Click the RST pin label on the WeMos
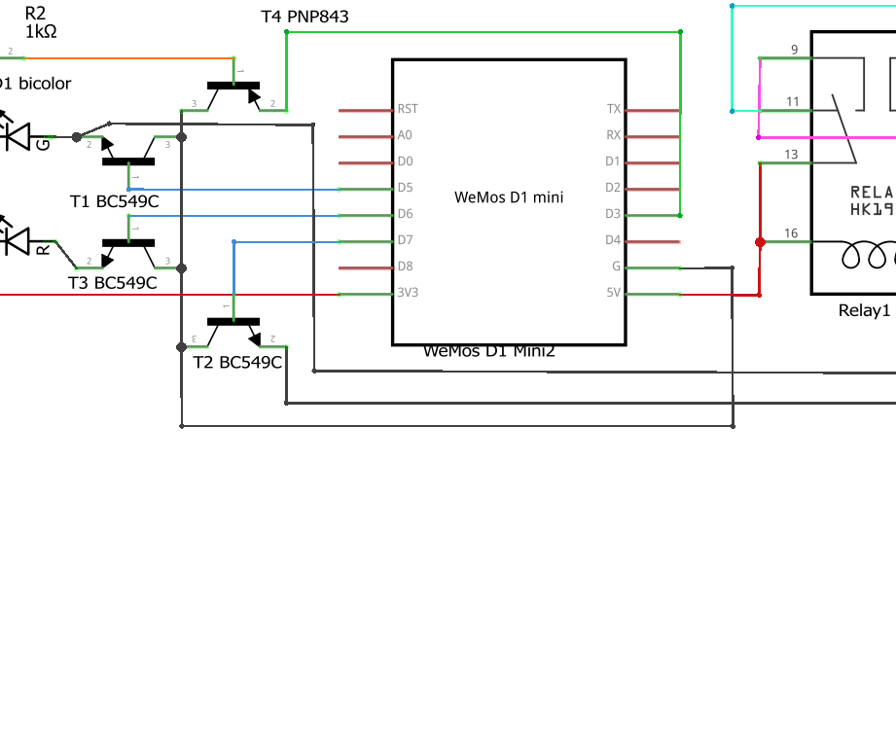[x=408, y=110]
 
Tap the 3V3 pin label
[x=408, y=293]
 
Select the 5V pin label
[x=612, y=293]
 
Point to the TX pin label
[x=613, y=110]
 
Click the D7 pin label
[x=405, y=240]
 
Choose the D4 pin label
[x=612, y=240]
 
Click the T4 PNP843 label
[x=305, y=18]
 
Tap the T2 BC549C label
[x=237, y=363]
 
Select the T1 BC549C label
[x=114, y=201]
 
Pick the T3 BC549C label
[x=113, y=283]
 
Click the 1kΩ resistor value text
[x=41, y=31]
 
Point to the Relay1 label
[x=864, y=311]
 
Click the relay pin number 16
[x=791, y=233]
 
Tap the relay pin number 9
[x=794, y=50]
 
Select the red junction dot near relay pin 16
[x=760, y=241]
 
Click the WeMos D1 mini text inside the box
[x=509, y=197]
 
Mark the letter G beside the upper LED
[x=43, y=144]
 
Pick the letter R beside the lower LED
[x=43, y=250]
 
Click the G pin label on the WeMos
[x=615, y=267]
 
